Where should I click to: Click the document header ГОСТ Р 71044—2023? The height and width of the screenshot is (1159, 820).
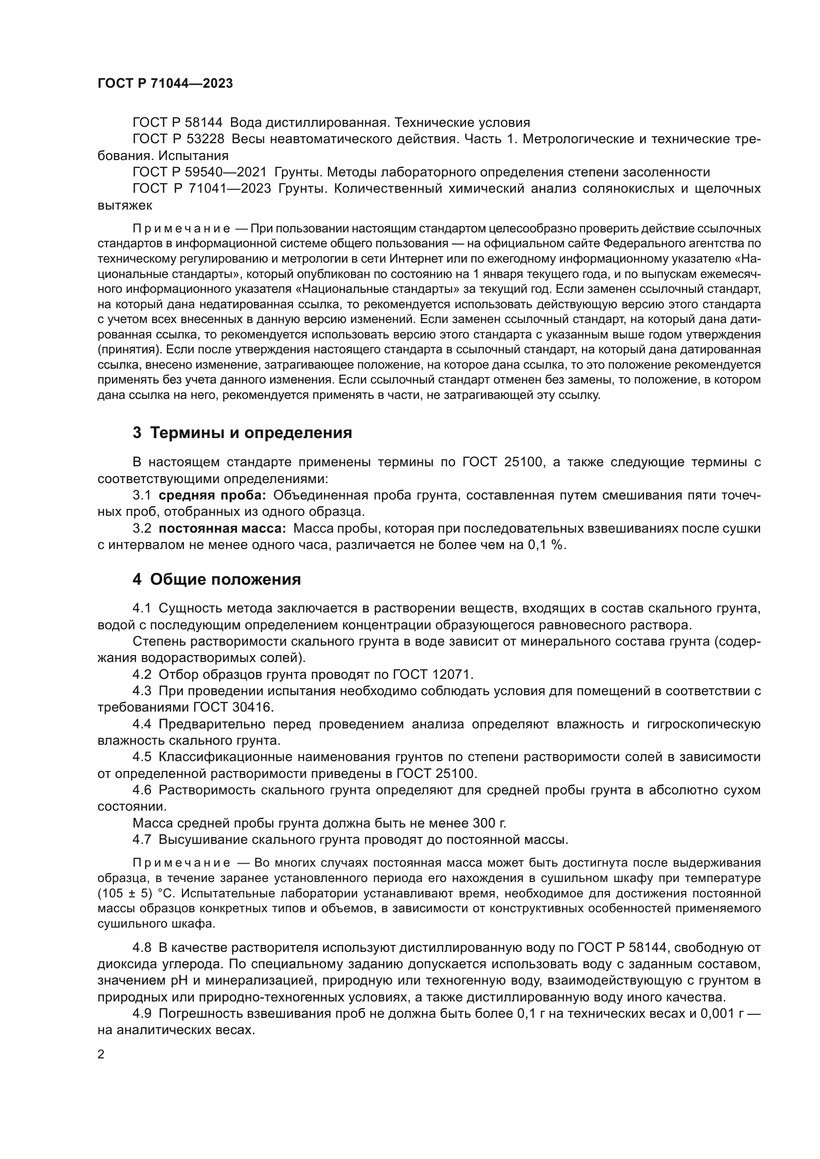[x=165, y=84]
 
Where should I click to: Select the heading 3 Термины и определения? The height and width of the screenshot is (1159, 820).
[x=242, y=433]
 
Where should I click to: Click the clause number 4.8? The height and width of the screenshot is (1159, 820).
[x=142, y=947]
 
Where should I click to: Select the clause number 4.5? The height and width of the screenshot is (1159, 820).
[x=142, y=757]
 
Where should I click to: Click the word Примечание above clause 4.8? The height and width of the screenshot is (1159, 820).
[x=181, y=863]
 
